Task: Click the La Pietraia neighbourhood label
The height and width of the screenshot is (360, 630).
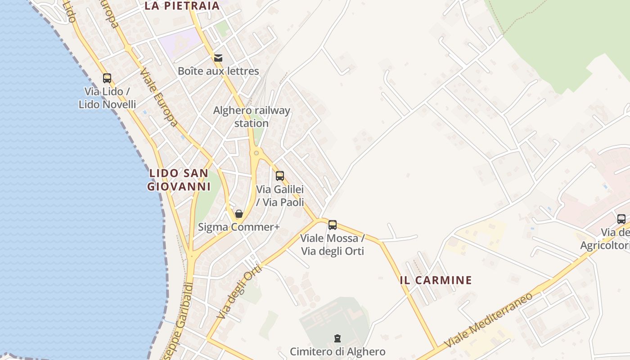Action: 182,6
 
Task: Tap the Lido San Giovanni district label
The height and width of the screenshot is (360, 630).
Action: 179,180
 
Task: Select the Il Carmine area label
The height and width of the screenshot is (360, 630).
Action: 436,280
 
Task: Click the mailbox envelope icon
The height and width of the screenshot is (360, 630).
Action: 218,58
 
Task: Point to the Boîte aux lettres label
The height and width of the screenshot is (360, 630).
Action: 218,71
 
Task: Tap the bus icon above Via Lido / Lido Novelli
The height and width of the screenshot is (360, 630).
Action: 107,78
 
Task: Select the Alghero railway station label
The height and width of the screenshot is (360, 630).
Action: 252,117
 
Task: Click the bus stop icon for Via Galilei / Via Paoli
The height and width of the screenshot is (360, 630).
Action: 280,176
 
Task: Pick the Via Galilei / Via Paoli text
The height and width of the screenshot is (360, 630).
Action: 280,196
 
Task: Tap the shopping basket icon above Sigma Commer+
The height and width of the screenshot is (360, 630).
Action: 239,214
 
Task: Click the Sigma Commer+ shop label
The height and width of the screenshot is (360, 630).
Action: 239,227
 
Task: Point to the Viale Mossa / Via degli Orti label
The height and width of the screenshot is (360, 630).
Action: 333,244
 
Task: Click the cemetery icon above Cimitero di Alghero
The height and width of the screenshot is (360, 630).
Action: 337,338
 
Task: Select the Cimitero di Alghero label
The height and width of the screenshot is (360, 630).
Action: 337,351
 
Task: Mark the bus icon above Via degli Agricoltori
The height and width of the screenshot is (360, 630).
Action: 621,219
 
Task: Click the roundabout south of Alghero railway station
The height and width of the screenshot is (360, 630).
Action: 256,153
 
